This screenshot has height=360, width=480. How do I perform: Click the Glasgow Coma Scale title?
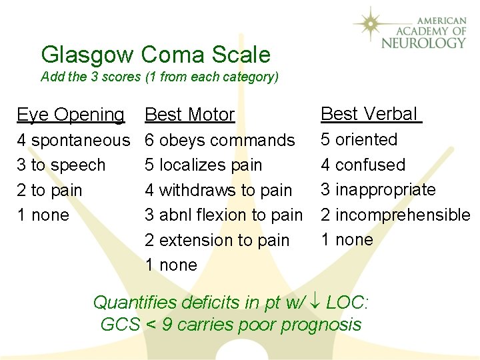coord(155,55)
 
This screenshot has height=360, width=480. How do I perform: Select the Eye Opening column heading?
coord(71,115)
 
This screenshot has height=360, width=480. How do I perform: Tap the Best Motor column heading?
coord(189,115)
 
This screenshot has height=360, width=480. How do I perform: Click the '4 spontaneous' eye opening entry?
coord(73,140)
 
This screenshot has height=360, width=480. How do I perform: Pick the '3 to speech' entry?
coord(61,165)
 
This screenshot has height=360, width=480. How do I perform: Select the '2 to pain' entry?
coord(49,190)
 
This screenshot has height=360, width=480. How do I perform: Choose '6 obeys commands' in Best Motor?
coord(220,140)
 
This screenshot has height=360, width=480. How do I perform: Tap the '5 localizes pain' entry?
coord(203,165)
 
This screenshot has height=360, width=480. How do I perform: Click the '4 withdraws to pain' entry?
coord(219,190)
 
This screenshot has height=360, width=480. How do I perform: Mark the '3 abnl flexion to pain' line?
coord(224,215)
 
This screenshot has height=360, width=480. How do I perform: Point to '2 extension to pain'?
coord(217,240)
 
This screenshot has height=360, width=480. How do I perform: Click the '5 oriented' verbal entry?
coord(359,139)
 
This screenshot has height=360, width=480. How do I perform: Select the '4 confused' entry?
coord(363,165)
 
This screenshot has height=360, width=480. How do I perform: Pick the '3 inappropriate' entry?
coord(378,189)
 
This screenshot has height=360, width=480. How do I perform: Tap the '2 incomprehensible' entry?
coord(395,215)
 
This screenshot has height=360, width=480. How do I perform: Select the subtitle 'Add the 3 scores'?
coord(159,77)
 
